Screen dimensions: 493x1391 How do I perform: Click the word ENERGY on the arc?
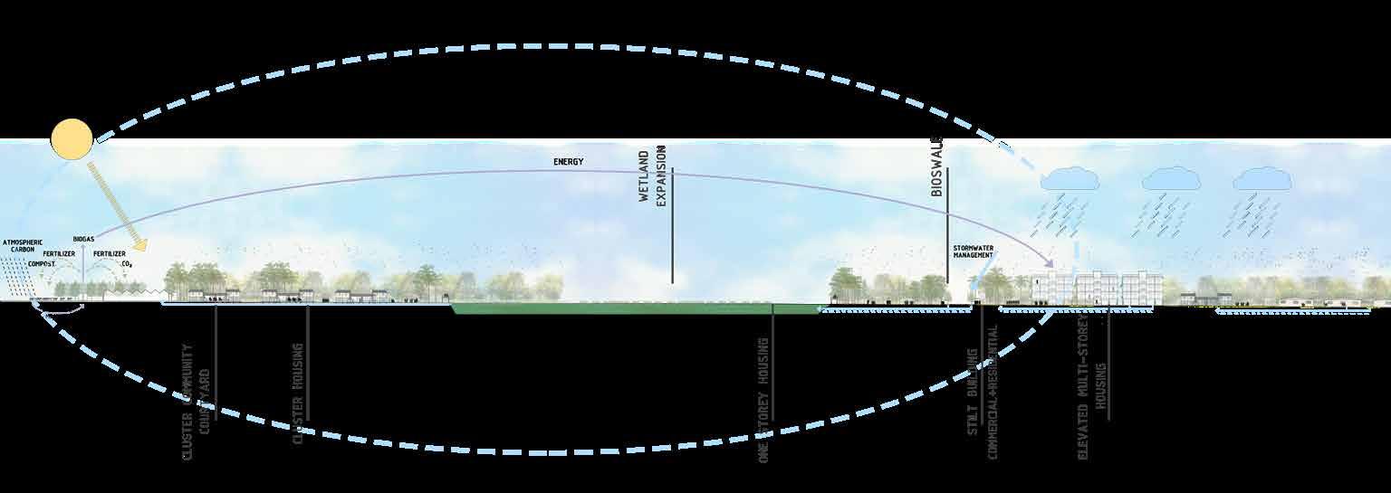[568, 162]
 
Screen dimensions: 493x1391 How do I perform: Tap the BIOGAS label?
[84, 239]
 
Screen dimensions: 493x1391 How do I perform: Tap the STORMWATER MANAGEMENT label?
[973, 251]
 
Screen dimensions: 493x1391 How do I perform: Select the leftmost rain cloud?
[1070, 179]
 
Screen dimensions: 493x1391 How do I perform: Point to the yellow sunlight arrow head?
[139, 244]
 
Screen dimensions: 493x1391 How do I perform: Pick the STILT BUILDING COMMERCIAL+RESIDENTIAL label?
[982, 391]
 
